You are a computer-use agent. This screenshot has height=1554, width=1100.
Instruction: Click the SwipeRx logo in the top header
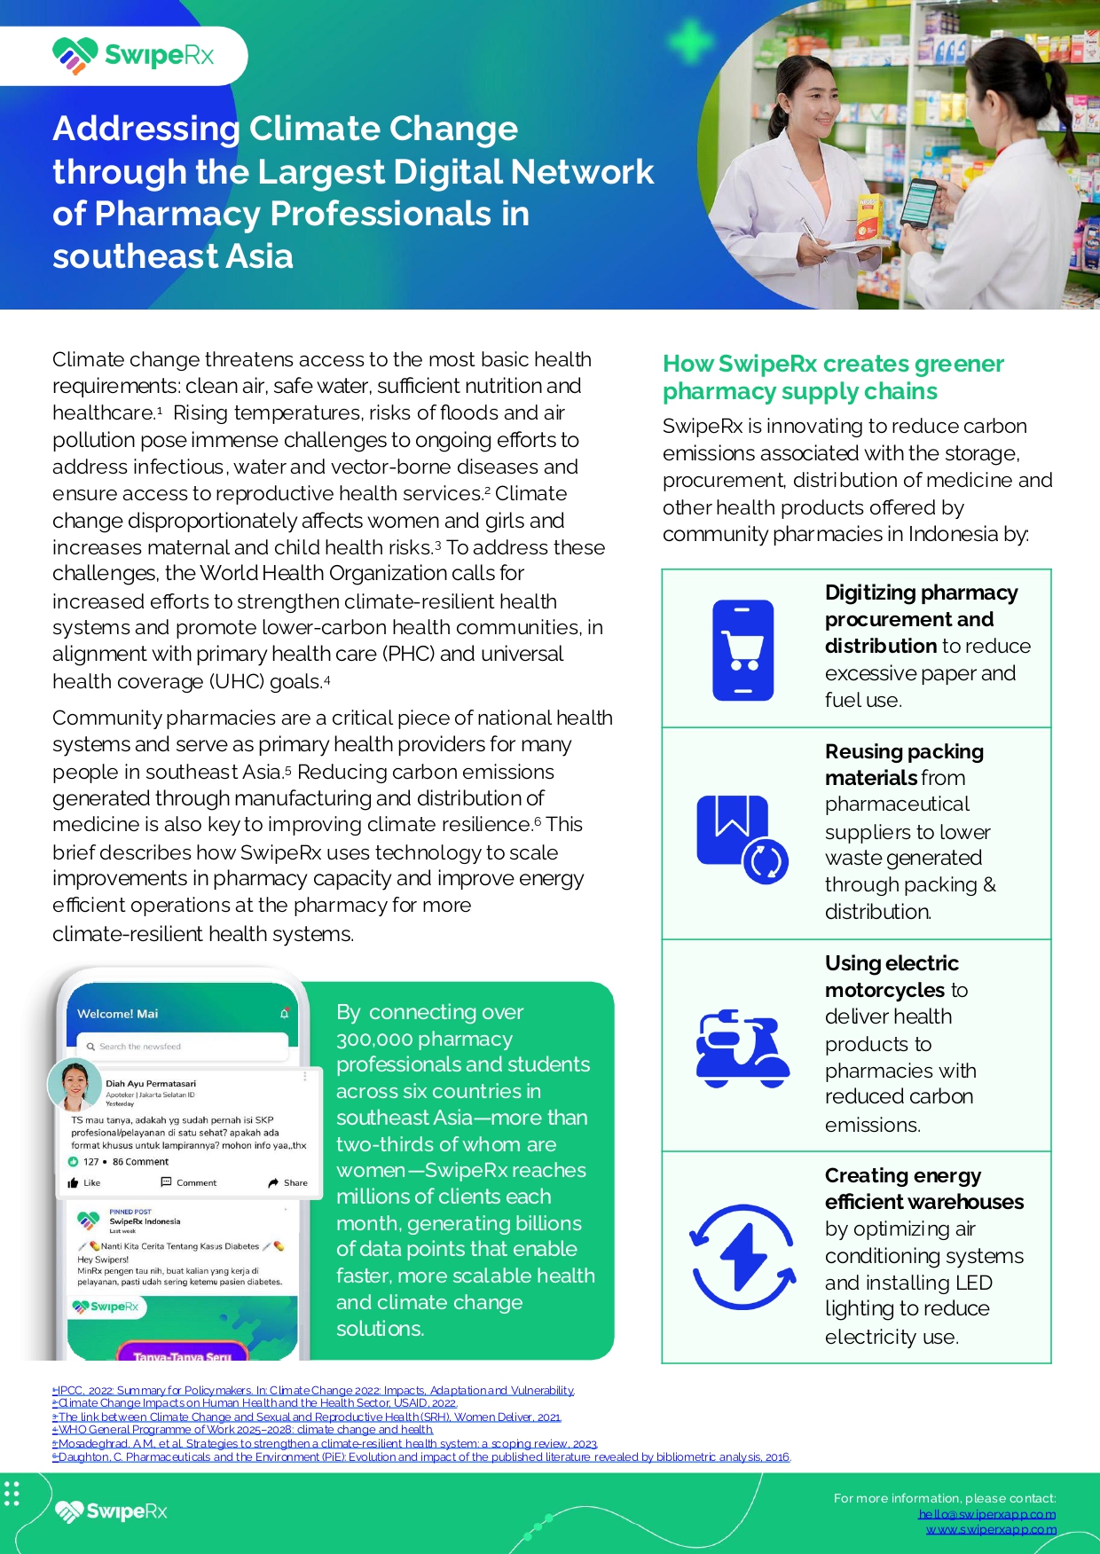coord(133,55)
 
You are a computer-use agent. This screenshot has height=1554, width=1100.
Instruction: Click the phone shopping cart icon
coord(743,650)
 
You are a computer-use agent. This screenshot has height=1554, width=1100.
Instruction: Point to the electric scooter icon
coord(742,1048)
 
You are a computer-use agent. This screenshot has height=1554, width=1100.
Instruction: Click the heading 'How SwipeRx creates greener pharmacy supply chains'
coord(833,377)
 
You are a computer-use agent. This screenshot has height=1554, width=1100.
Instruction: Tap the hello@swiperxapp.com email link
coord(986,1514)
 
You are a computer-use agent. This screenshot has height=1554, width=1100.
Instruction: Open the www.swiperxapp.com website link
coord(990,1529)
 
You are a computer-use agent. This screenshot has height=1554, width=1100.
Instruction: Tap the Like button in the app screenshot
coord(84,1182)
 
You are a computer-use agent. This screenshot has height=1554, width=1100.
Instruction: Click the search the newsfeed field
coord(182,1047)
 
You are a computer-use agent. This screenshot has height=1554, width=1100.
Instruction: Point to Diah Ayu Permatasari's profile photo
coord(74,1084)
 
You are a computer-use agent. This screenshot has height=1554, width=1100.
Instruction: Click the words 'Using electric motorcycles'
coord(892,976)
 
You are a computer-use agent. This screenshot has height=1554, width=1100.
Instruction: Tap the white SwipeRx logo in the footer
coord(111,1511)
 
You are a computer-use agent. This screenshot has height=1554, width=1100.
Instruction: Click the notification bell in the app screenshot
coord(284,1013)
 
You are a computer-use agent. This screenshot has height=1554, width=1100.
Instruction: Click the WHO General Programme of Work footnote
coord(243,1430)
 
